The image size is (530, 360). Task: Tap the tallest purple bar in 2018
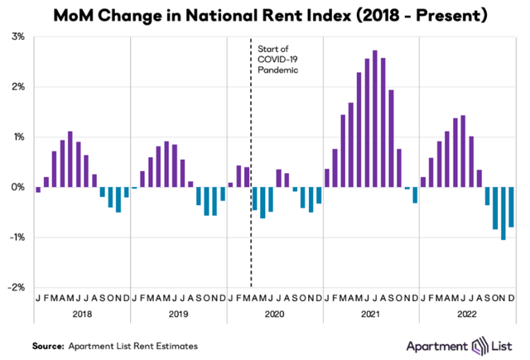coord(70,160)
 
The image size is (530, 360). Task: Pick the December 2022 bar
coord(511,207)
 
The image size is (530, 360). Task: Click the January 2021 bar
coord(327,178)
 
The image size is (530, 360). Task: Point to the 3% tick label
coord(17,37)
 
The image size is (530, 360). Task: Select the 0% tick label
coord(17,187)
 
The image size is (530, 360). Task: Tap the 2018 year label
coord(82,314)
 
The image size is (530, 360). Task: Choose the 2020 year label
coord(275,314)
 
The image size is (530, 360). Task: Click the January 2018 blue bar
coord(38,190)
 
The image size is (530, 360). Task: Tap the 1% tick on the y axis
coord(17,137)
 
